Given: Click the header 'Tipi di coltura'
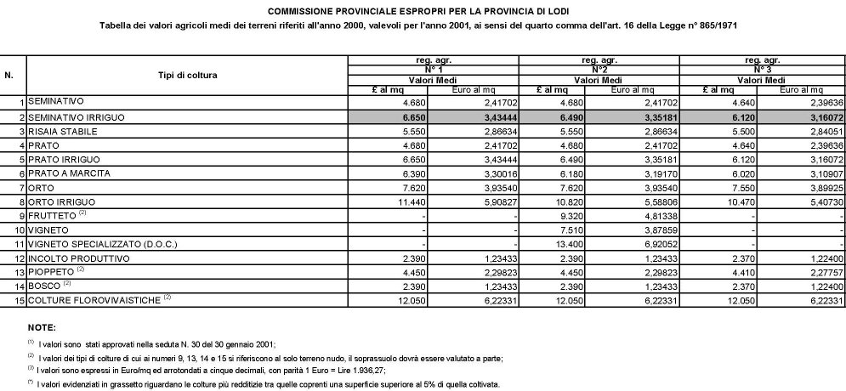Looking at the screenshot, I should click(188, 76).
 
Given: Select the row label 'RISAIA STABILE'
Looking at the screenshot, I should click(65, 133).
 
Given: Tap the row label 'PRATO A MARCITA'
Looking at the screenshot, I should click(68, 173).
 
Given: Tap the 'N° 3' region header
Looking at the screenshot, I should click(763, 66).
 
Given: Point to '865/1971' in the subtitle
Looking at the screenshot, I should click(712, 25).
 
